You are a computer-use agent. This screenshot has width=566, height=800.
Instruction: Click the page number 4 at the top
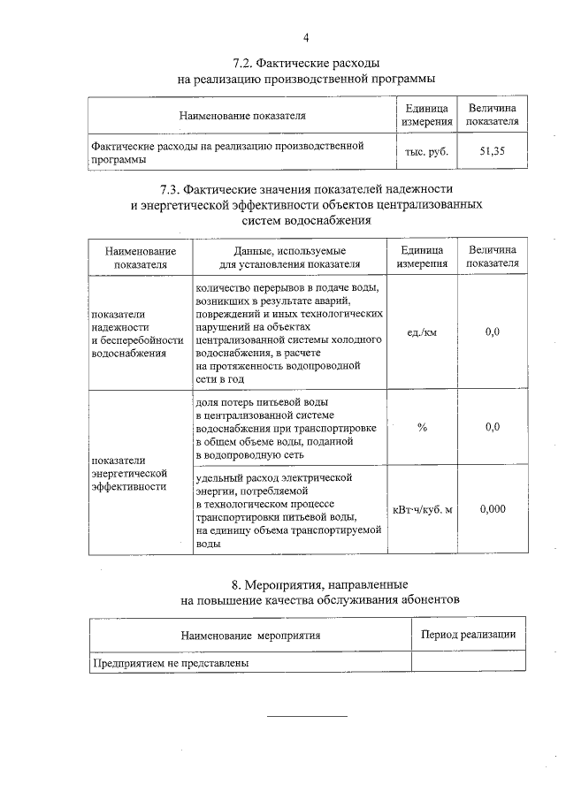tap(306, 38)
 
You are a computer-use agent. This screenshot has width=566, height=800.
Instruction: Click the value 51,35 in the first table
tap(492, 151)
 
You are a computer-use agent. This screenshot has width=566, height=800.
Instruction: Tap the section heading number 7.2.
tap(244, 65)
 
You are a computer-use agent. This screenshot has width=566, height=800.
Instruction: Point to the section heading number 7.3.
tap(174, 189)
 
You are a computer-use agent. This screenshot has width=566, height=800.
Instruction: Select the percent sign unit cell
tap(422, 427)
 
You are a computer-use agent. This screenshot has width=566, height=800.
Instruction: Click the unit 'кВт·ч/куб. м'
tap(422, 511)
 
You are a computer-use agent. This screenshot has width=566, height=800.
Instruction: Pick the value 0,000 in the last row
tap(493, 511)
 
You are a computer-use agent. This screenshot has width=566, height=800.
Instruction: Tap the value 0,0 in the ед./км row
tap(493, 332)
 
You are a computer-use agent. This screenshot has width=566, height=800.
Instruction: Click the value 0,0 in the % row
tap(493, 427)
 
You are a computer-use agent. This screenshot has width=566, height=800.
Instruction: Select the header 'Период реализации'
tap(468, 635)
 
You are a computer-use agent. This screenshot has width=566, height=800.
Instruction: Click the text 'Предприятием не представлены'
tap(170, 662)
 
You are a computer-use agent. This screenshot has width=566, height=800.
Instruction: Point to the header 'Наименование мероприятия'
tap(250, 635)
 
